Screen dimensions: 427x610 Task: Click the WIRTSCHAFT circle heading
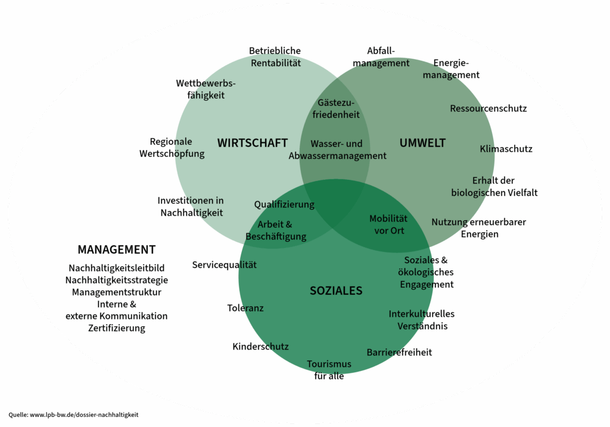(x=252, y=143)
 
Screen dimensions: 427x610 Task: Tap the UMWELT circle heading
(x=422, y=143)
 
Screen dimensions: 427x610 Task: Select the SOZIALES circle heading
(x=336, y=291)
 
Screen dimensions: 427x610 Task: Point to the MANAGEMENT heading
(x=116, y=250)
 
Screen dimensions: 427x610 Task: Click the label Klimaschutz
(x=506, y=149)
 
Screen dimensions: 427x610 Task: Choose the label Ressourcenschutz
(x=488, y=108)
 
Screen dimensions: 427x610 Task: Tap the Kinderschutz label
(x=260, y=347)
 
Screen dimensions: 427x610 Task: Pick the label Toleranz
(x=245, y=308)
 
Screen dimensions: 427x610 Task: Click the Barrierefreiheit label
(x=399, y=352)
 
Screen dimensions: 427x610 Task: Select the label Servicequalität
(x=224, y=264)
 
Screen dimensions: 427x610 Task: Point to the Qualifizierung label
(x=284, y=204)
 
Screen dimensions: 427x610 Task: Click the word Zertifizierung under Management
(x=116, y=328)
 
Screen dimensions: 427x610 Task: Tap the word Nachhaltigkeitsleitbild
(x=116, y=268)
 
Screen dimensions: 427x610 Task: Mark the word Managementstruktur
(x=116, y=292)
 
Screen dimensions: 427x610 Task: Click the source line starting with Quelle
(x=74, y=414)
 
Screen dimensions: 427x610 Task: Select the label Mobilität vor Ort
(x=388, y=225)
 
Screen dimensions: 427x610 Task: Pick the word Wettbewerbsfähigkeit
(x=206, y=89)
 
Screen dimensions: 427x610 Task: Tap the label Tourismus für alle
(x=329, y=370)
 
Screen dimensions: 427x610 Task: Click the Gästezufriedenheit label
(x=336, y=108)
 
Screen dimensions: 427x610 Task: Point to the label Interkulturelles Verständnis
(x=421, y=320)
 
